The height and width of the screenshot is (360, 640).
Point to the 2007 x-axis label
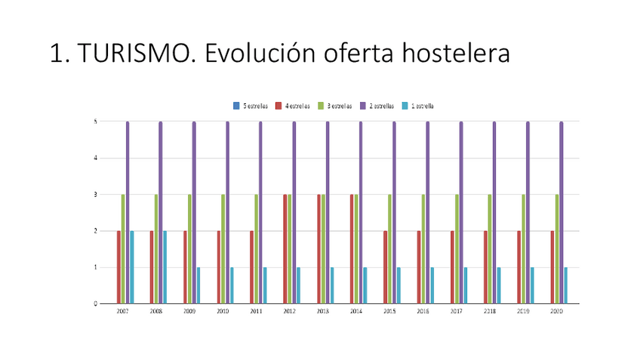[123, 311]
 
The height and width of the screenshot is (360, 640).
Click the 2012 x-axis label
[290, 311]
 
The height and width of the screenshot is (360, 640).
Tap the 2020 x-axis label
[557, 311]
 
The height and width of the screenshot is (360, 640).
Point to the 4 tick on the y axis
[94, 158]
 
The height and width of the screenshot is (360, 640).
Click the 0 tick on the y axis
[94, 303]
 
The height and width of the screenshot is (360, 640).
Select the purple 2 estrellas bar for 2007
[128, 212]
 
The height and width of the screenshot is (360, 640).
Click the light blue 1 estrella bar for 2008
[165, 267]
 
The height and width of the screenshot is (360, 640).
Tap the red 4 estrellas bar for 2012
[285, 249]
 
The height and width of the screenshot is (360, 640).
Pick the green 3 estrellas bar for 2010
[223, 249]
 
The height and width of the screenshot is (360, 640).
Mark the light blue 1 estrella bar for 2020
[566, 285]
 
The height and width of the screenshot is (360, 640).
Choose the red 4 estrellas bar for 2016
[419, 267]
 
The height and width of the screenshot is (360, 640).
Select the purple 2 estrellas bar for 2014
[361, 212]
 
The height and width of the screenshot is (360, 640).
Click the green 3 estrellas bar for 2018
[490, 249]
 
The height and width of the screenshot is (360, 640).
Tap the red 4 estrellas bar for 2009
[185, 267]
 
